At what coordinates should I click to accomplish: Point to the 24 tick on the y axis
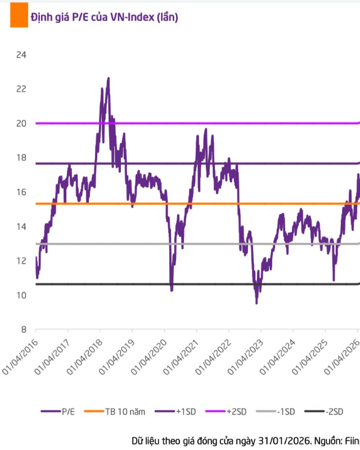click(x=22, y=55)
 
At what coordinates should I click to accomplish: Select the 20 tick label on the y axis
click(x=22, y=124)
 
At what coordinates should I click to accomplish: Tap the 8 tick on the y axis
click(x=24, y=330)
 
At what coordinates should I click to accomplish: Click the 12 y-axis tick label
click(x=22, y=261)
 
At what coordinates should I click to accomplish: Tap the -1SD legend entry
click(x=285, y=412)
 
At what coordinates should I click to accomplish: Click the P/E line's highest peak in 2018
click(x=108, y=78)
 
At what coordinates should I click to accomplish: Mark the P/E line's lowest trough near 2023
click(x=256, y=303)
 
